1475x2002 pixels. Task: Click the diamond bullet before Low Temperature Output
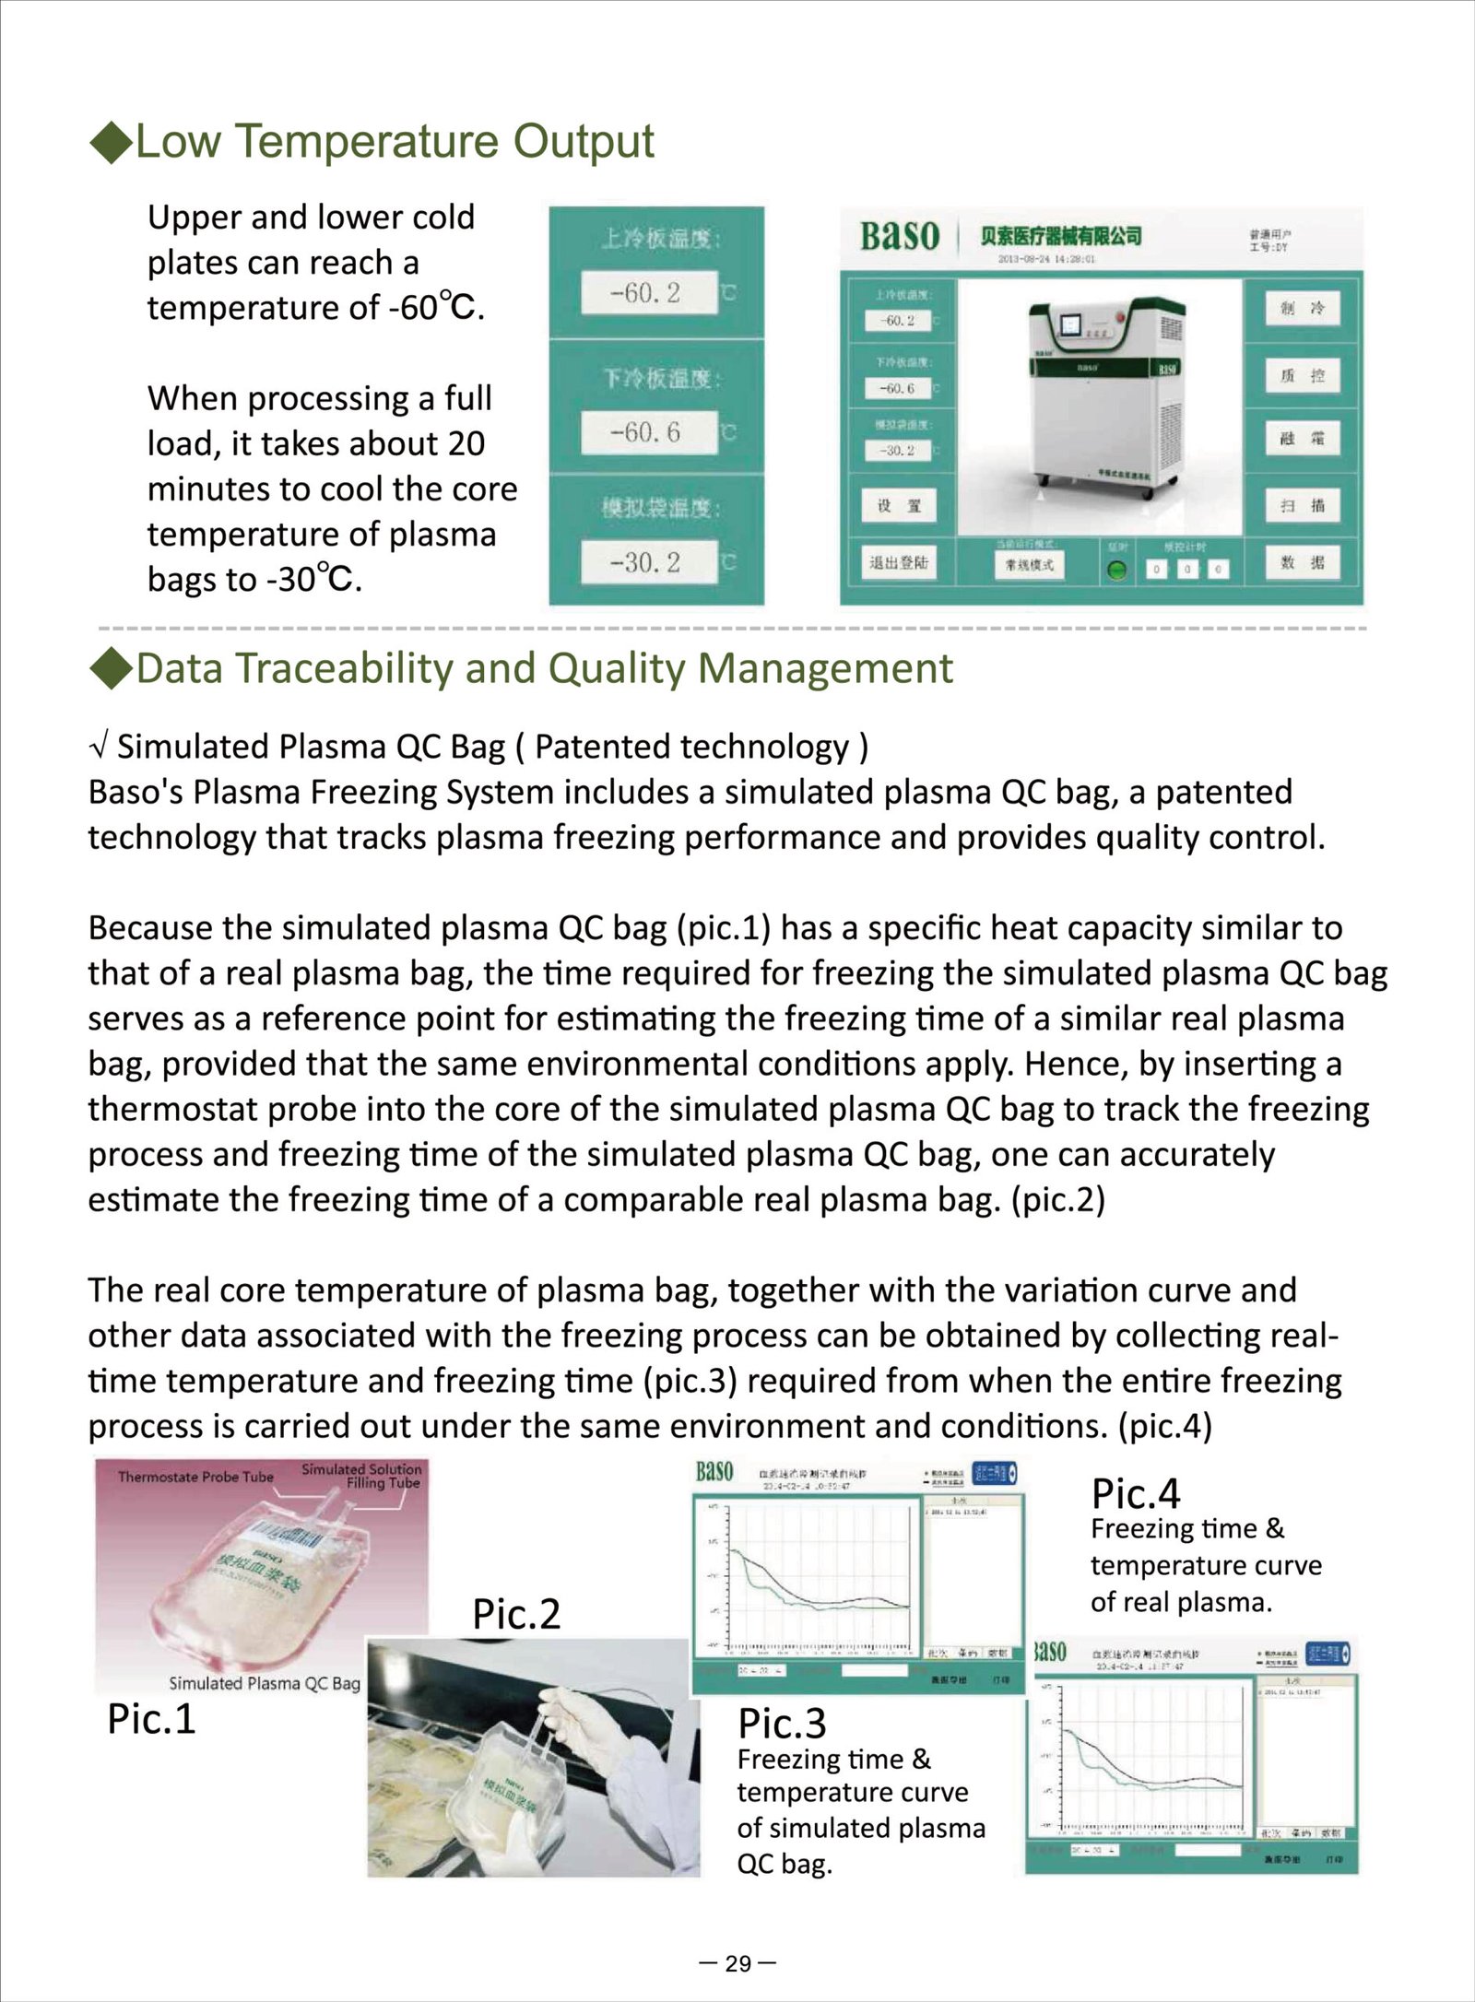tap(112, 143)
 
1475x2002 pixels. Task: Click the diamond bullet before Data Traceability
tap(112, 669)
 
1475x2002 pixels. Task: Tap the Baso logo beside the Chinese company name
tap(899, 236)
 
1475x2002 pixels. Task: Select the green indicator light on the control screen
tap(1117, 570)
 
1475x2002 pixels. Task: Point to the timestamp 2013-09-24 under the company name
tap(1045, 260)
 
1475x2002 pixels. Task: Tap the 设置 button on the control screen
tap(899, 506)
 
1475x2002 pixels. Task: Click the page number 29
tap(737, 1963)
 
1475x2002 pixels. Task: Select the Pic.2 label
tap(516, 1615)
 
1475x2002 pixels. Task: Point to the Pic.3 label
tap(782, 1724)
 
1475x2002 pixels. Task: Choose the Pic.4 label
tap(1135, 1494)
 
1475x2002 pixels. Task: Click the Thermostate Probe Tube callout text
tap(195, 1477)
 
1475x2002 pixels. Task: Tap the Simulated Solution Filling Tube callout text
tap(361, 1476)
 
